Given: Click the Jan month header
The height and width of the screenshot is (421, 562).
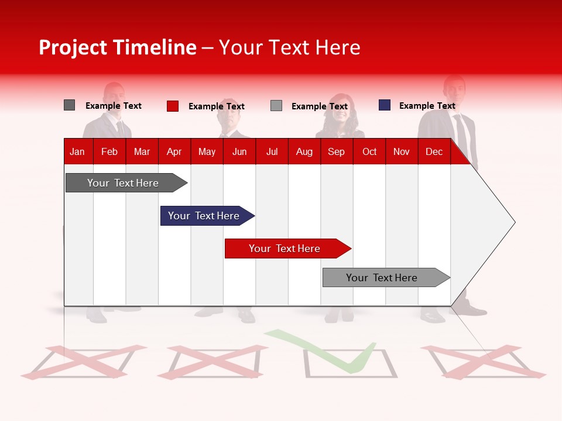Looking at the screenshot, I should pyautogui.click(x=77, y=151).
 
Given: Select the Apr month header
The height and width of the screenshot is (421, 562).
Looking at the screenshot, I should pyautogui.click(x=174, y=151).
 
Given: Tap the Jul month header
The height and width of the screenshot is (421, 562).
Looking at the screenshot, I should pyautogui.click(x=272, y=151).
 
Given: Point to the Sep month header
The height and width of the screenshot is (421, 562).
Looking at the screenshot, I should pyautogui.click(x=336, y=151).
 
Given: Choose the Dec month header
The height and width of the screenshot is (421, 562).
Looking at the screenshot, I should pyautogui.click(x=434, y=151).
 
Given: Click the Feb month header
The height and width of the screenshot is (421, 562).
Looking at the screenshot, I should pyautogui.click(x=109, y=151).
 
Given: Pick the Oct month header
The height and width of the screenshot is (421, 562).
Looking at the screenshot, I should pyautogui.click(x=369, y=151).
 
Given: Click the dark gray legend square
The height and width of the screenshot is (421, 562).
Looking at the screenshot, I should pyautogui.click(x=69, y=105).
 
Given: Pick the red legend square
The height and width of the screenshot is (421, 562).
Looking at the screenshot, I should pyautogui.click(x=172, y=106).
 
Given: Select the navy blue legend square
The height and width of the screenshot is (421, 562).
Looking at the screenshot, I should pyautogui.click(x=384, y=105).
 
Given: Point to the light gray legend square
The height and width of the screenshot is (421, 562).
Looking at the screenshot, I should pyautogui.click(x=276, y=106).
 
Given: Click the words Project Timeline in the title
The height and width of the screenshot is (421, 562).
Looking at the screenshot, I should pyautogui.click(x=117, y=47).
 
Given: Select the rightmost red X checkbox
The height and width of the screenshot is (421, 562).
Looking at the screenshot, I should pyautogui.click(x=483, y=361).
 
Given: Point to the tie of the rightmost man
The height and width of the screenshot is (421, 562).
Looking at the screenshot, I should pyautogui.click(x=461, y=132).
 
